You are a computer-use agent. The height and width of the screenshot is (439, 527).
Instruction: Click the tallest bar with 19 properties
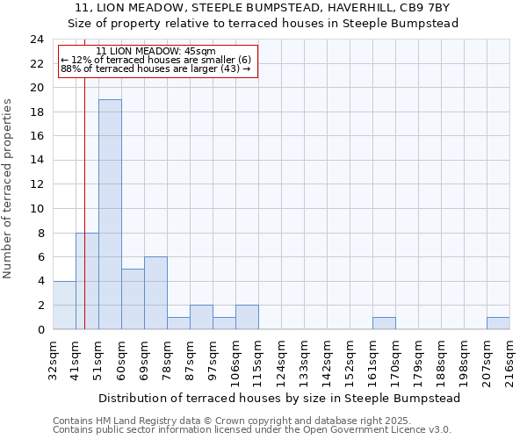(110, 214)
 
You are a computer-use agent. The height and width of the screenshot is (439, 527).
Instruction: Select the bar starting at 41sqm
(87, 281)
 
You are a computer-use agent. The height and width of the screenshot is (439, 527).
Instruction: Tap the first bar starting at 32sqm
(64, 305)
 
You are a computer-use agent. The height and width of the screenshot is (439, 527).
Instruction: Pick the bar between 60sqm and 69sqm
(133, 299)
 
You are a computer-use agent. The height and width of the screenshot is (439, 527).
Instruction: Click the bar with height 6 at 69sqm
(155, 293)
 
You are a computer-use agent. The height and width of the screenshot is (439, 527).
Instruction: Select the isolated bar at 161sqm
(384, 323)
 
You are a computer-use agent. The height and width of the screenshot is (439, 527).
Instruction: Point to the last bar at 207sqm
(498, 323)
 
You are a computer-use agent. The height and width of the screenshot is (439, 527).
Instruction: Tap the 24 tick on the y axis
(37, 40)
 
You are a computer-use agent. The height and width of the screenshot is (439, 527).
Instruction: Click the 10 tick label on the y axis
(37, 209)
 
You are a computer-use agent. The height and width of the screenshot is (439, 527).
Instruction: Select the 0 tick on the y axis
(40, 329)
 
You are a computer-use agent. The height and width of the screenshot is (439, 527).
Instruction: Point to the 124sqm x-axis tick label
(281, 360)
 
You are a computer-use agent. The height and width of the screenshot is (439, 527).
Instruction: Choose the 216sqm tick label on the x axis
(509, 360)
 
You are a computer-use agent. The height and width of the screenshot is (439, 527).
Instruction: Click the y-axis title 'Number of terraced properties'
(8, 188)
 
